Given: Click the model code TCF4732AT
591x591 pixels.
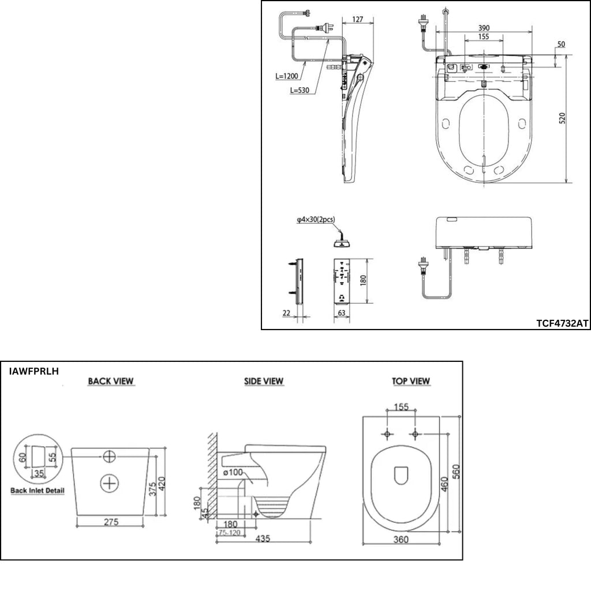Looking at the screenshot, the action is [x=562, y=323].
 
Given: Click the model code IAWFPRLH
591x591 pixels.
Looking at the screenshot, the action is [x=34, y=371].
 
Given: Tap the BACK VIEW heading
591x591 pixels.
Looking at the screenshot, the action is [x=111, y=381].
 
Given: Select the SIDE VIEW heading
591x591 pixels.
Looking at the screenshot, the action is [x=263, y=381].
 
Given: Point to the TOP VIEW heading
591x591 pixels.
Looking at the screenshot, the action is [x=411, y=381].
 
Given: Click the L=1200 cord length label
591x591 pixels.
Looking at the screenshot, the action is [x=287, y=76].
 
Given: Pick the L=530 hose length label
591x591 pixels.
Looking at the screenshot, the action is [x=300, y=91].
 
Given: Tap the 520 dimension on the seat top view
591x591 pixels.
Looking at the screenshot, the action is [x=562, y=118].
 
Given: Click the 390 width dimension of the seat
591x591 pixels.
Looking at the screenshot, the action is [x=484, y=28].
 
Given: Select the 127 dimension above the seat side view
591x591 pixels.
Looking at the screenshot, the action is [x=357, y=19].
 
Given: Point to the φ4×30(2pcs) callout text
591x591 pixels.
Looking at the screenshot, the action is [x=316, y=219].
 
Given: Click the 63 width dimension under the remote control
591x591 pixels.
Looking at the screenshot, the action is [x=342, y=313].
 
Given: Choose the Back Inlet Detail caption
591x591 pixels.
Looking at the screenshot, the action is [x=38, y=491].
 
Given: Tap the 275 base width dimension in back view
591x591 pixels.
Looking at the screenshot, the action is [x=111, y=522].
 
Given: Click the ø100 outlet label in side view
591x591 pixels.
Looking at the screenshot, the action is [x=233, y=472].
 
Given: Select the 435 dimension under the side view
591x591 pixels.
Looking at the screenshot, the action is [x=263, y=538].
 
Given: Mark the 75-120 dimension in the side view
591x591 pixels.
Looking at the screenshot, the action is [x=230, y=533].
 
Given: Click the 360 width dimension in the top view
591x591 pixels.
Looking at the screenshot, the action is [x=401, y=540].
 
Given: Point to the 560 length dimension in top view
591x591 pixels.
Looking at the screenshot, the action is [x=456, y=472].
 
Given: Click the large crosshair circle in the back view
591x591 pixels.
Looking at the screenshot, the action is [x=109, y=482].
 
